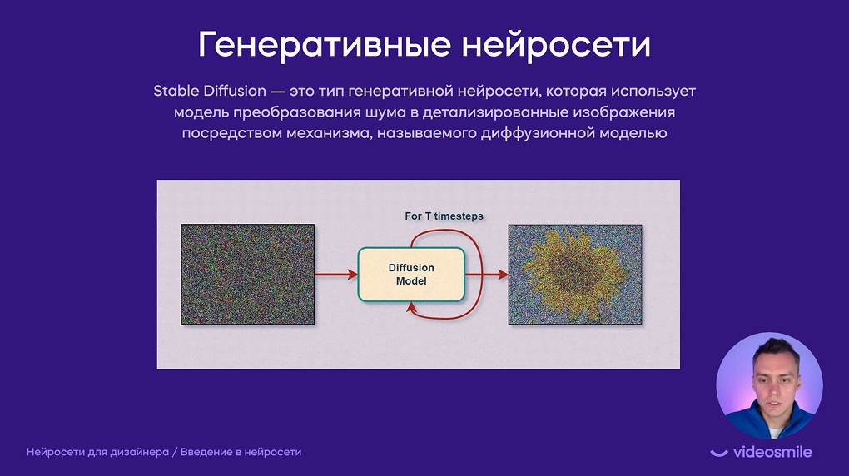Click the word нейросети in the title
click(556, 46)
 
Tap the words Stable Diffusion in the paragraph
click(210, 91)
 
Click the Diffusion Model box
click(411, 275)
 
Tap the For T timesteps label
click(444, 216)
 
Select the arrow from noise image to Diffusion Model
click(336, 275)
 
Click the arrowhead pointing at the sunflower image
click(504, 275)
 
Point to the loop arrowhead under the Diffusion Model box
click(411, 308)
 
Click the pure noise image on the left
click(247, 275)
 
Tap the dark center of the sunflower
click(573, 269)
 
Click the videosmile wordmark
click(772, 452)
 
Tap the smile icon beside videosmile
click(719, 453)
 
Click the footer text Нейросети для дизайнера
click(97, 452)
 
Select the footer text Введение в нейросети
click(241, 452)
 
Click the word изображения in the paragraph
click(624, 113)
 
